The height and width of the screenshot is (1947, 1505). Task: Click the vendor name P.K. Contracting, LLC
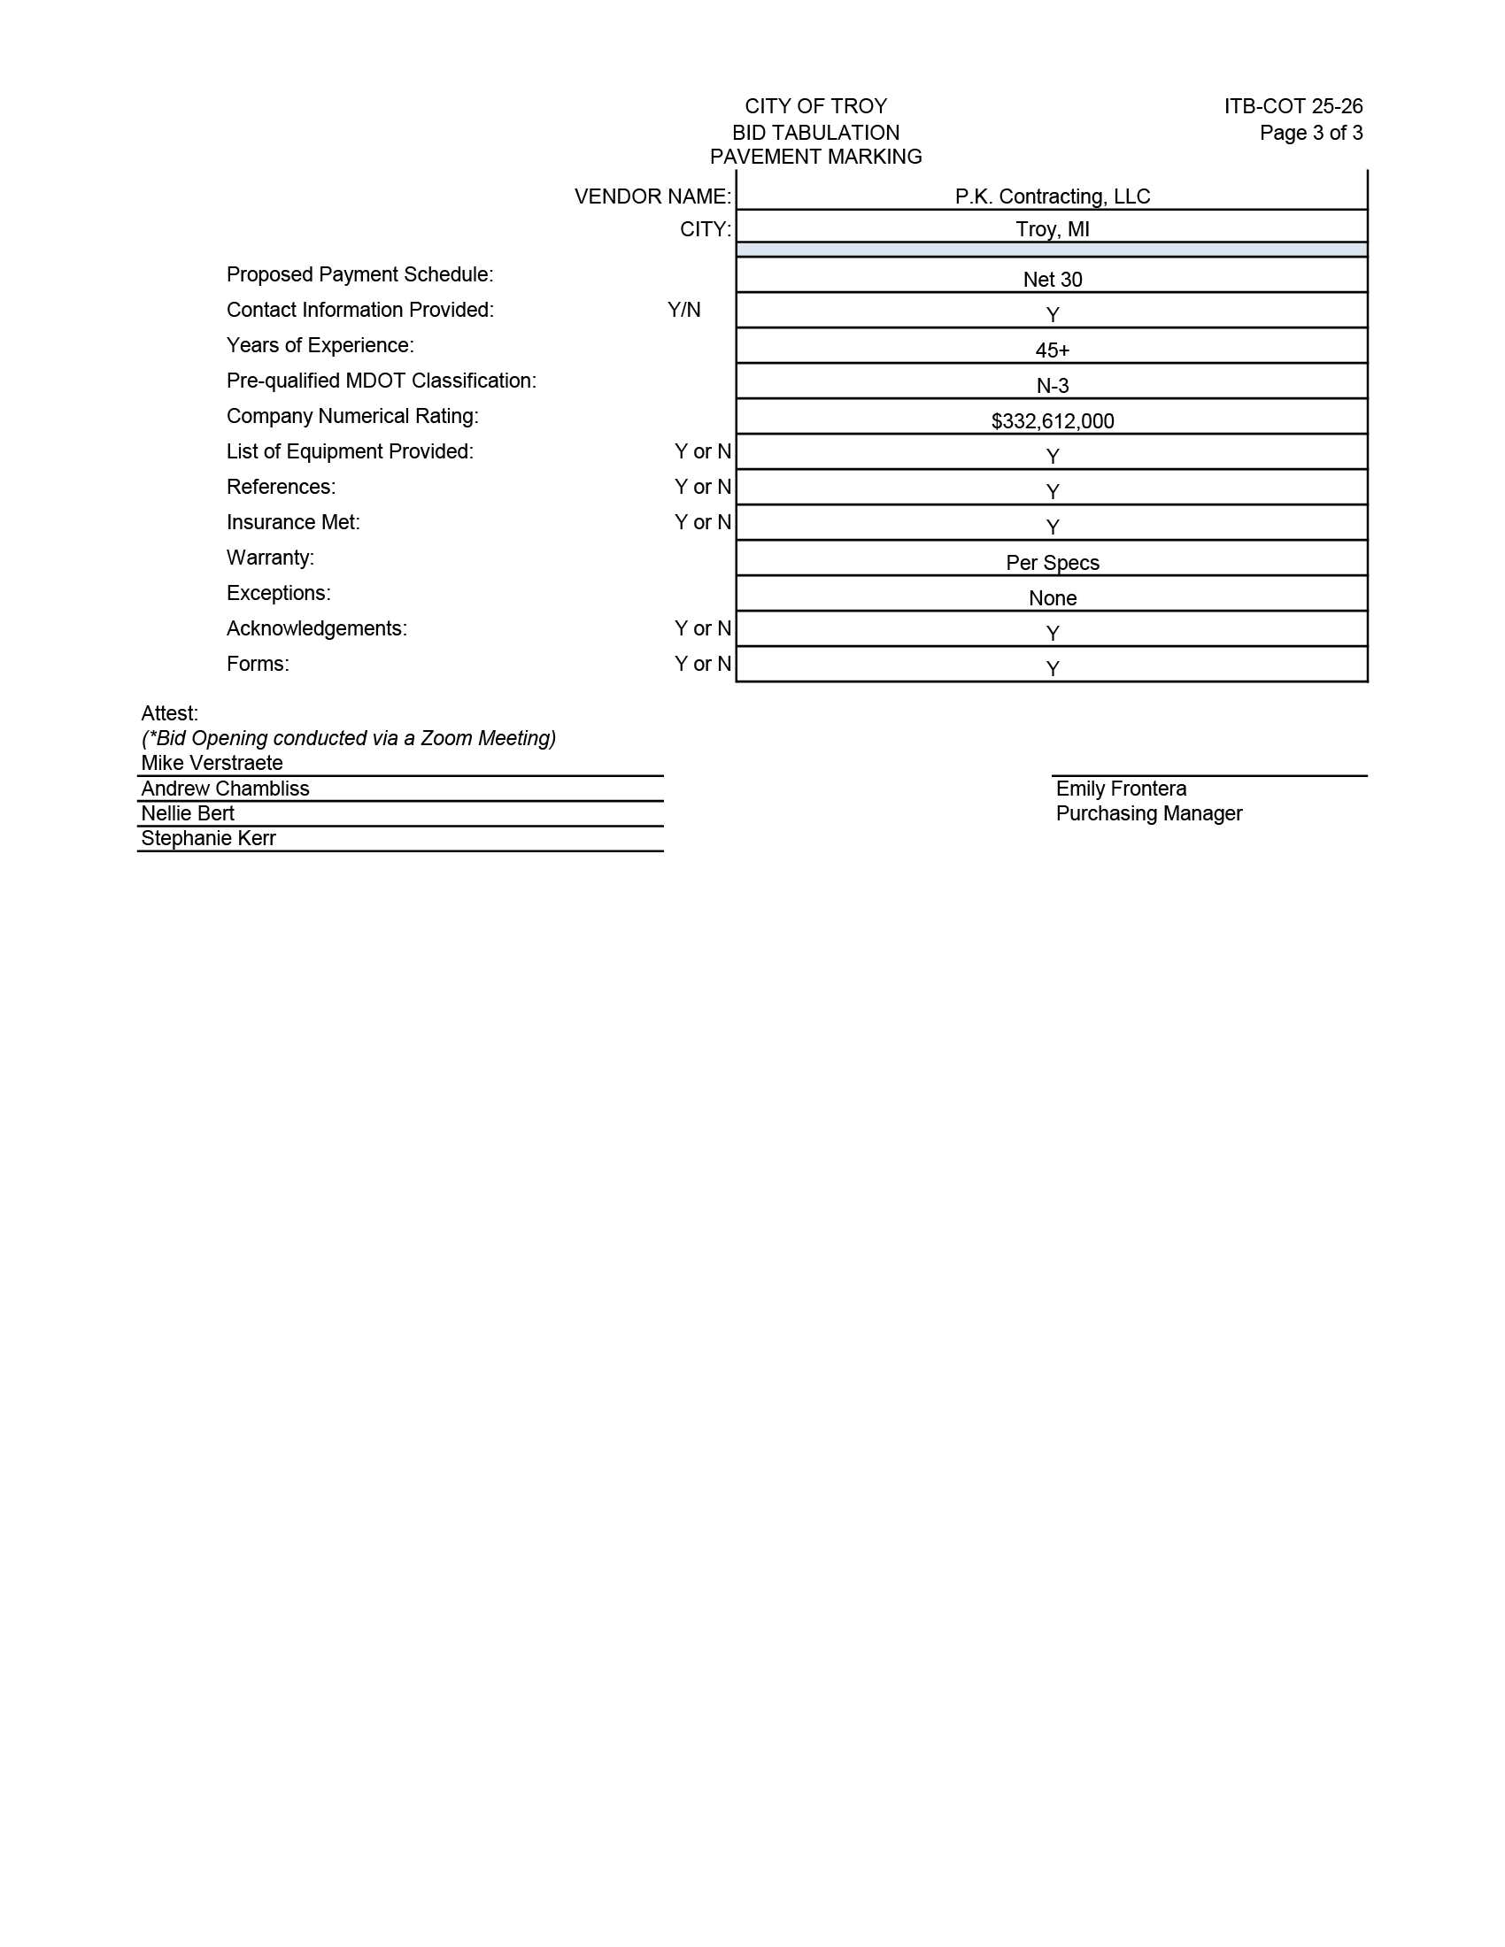(x=1052, y=196)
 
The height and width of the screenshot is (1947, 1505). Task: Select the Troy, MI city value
(x=1052, y=229)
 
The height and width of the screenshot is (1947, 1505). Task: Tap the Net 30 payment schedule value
(x=1052, y=279)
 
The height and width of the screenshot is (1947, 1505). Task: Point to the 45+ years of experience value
(x=1052, y=350)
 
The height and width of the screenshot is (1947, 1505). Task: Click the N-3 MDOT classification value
(x=1052, y=386)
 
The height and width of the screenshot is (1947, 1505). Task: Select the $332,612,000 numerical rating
(x=1052, y=420)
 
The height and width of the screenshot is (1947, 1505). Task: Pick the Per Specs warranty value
(x=1052, y=563)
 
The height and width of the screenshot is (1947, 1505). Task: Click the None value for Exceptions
(x=1052, y=598)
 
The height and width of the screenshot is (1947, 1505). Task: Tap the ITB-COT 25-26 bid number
(x=1293, y=106)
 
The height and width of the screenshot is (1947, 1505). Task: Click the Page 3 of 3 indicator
(x=1310, y=133)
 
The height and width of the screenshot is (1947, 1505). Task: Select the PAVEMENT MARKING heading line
(x=816, y=157)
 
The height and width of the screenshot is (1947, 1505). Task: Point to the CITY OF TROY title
(x=816, y=106)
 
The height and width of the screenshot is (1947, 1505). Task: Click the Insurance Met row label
(x=293, y=522)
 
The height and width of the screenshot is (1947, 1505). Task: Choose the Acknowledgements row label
(x=317, y=628)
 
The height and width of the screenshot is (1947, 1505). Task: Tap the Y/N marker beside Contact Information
(x=683, y=310)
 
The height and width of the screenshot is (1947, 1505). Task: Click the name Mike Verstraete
(x=212, y=763)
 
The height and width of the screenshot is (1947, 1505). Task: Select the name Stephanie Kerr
(x=208, y=838)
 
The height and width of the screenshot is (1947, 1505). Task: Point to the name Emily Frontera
(x=1121, y=788)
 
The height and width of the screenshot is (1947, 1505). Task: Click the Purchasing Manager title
(x=1148, y=813)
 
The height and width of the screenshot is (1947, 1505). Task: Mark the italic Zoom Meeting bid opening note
(x=349, y=738)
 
